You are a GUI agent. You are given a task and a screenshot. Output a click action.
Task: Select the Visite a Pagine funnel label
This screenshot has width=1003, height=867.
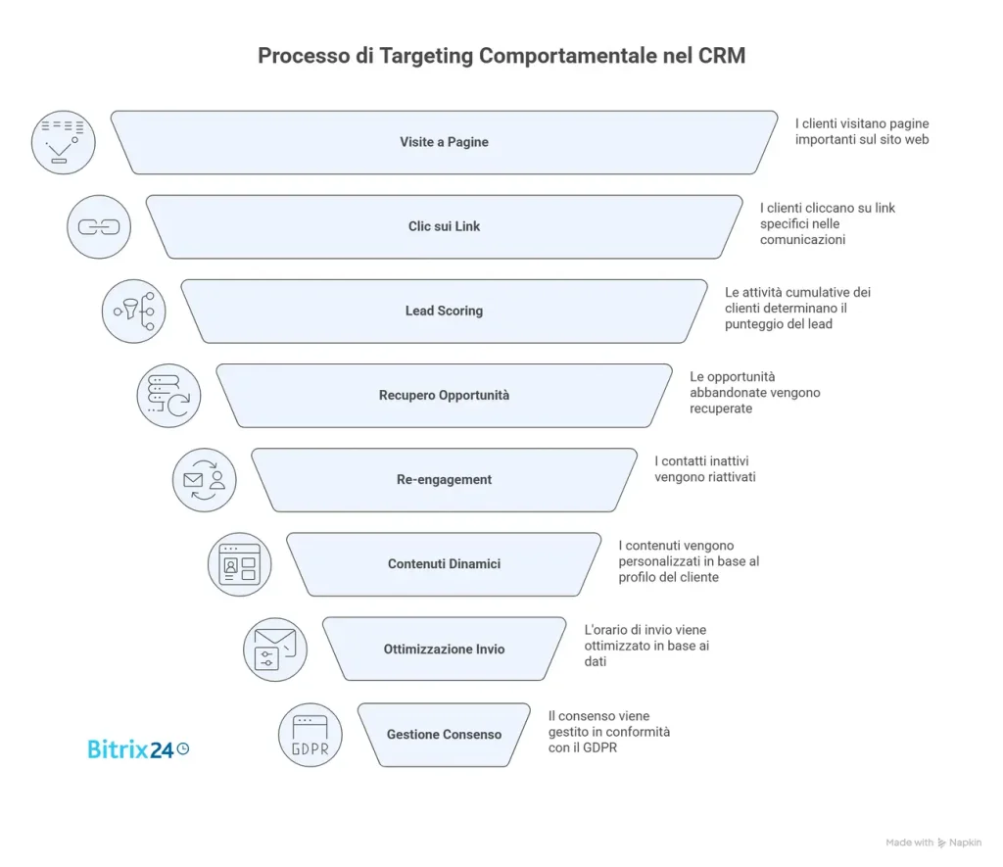[x=444, y=142]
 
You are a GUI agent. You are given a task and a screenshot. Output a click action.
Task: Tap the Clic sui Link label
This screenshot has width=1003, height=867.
[x=444, y=226]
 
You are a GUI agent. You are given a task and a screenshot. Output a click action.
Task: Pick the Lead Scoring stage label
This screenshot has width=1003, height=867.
[x=444, y=311]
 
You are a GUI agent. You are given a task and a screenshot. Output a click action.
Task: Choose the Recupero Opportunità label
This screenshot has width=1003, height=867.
[x=444, y=396]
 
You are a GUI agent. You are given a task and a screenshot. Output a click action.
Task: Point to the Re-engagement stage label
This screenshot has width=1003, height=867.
[x=444, y=480]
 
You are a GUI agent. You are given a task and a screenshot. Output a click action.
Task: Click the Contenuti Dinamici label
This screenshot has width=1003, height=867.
[x=444, y=564]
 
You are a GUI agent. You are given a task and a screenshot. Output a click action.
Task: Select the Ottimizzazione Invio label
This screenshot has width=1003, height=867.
[x=444, y=649]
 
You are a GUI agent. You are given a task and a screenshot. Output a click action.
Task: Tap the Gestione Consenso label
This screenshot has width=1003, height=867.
[x=444, y=734]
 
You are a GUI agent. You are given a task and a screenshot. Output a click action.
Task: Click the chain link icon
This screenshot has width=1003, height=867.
[x=99, y=227]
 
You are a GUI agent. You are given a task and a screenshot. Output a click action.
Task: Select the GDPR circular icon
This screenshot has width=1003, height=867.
[x=310, y=735]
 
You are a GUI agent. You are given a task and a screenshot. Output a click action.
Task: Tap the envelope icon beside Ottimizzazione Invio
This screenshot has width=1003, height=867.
[x=275, y=650]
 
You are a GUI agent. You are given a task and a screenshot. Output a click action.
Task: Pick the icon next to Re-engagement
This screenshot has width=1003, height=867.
[x=205, y=480]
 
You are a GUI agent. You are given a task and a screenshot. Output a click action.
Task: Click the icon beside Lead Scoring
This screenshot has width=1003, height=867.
[x=134, y=312]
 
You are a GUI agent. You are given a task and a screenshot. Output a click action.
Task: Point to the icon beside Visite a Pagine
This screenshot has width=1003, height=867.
[x=64, y=142]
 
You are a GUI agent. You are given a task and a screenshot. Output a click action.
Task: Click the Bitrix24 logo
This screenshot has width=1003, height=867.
[x=138, y=749]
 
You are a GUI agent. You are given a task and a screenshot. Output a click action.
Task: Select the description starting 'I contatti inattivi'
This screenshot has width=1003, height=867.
[x=704, y=468]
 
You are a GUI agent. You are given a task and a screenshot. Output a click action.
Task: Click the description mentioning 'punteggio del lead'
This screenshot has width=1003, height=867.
[x=797, y=308]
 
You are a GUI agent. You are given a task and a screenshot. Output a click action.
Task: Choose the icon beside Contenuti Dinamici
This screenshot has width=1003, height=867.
[x=240, y=565]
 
